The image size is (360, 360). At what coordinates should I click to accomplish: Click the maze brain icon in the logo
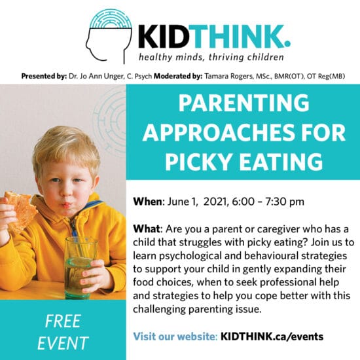tap(111, 19)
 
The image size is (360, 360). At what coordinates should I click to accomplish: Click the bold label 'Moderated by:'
tap(178, 76)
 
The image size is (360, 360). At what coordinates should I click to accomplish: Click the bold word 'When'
tap(148, 202)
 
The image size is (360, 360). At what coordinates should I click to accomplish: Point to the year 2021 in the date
tap(215, 202)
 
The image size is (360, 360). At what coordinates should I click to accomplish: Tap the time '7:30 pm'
tap(285, 202)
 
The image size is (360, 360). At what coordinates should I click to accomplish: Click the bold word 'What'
tap(147, 229)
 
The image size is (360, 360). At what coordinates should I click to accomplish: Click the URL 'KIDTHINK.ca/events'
tap(272, 336)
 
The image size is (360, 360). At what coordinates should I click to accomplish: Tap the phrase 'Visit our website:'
tap(175, 336)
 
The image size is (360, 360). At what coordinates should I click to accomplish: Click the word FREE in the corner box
tap(63, 321)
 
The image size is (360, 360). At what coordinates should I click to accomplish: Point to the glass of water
tap(80, 268)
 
